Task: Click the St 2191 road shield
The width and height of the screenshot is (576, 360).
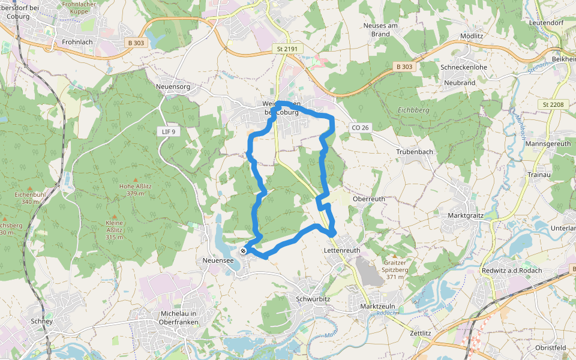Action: coord(287,48)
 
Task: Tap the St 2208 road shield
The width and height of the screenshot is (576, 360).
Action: coord(553,104)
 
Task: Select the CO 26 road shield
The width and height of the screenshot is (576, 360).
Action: coord(360,127)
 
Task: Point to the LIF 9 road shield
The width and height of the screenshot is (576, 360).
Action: coord(169,131)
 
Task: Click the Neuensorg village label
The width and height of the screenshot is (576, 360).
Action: coord(173,87)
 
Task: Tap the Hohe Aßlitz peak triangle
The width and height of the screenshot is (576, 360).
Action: coord(135,179)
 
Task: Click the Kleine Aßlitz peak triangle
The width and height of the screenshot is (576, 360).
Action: coord(114,215)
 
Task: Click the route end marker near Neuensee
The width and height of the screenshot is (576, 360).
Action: coord(243,251)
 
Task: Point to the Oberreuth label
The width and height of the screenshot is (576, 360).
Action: coord(369,199)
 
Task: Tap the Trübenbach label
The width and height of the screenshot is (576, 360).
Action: coord(415,152)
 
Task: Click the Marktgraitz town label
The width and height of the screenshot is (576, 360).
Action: coord(468,215)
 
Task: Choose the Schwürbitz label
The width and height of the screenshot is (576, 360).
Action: coord(314,298)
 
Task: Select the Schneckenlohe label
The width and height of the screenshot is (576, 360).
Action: coord(464,67)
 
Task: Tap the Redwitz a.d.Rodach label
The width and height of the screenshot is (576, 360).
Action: coord(512,270)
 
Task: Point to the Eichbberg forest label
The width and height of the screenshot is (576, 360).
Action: coord(413,110)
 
